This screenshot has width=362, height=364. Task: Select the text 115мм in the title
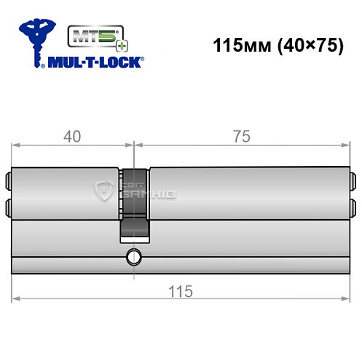237,44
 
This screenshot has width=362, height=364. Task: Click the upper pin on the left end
9,178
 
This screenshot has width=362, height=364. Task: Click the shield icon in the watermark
101,191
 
